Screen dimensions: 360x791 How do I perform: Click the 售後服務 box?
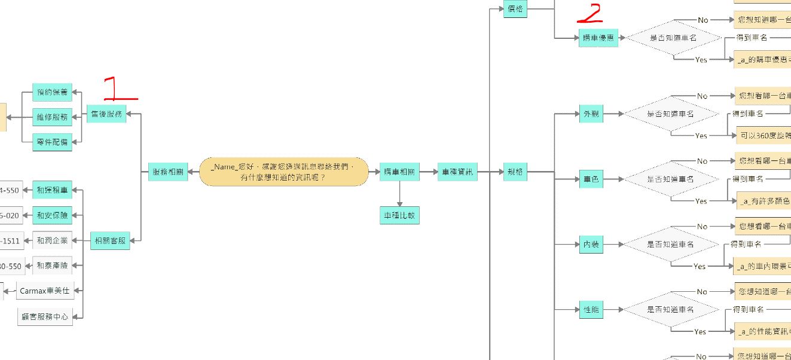[106, 114]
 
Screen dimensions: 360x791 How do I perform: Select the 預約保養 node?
[52, 92]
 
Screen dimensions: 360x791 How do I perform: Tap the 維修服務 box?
[52, 117]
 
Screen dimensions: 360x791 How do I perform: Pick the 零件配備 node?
[52, 142]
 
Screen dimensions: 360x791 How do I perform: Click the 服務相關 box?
[167, 172]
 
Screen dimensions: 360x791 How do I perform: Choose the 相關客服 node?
[109, 240]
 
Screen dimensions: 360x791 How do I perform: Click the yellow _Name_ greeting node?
[283, 172]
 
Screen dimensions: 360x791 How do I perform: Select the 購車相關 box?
[399, 172]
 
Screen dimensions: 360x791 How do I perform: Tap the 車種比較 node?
[399, 215]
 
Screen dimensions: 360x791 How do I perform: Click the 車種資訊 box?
[457, 172]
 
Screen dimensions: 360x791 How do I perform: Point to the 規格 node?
[515, 172]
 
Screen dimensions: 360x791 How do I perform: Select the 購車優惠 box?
[598, 38]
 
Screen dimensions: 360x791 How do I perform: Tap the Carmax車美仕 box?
[45, 291]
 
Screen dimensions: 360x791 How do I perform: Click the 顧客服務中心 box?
[45, 316]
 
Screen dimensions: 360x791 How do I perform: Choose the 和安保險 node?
[52, 215]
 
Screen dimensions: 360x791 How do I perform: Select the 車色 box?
[591, 179]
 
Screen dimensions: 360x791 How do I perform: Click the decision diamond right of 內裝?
[671, 244]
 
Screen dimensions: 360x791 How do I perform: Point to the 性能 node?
[591, 310]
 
